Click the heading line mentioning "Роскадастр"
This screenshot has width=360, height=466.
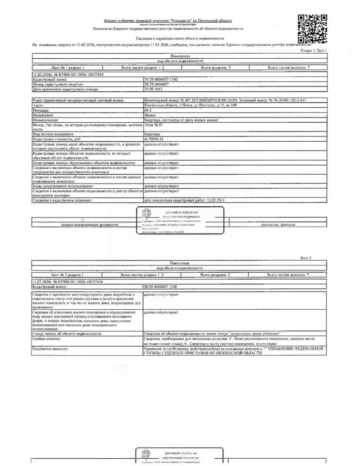[168, 21]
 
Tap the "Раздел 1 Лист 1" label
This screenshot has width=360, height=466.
[314, 50]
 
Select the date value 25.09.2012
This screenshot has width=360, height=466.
[154, 89]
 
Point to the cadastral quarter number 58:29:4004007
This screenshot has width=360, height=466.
[160, 84]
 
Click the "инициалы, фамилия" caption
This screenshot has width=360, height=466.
[291, 225]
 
